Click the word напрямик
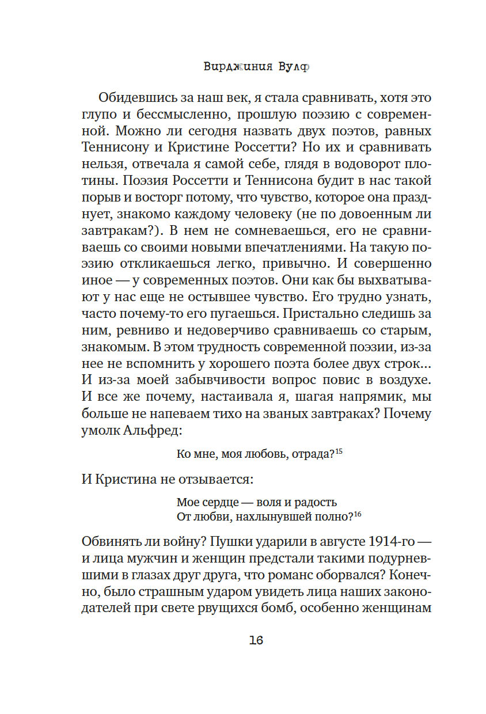(x=362, y=397)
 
